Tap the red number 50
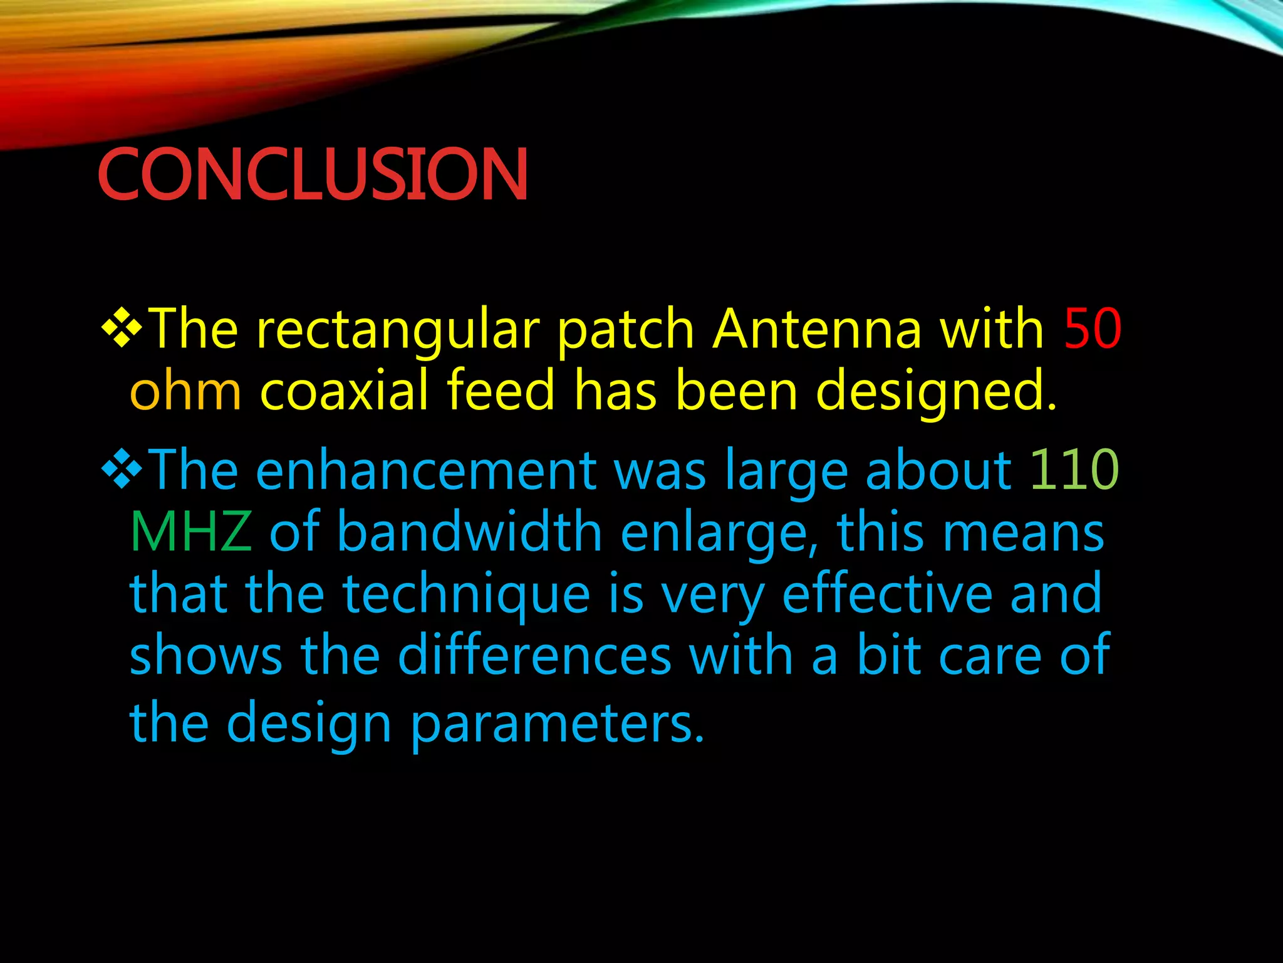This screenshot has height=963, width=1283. click(x=1092, y=329)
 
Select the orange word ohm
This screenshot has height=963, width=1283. click(x=185, y=391)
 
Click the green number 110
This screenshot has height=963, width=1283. click(x=1074, y=470)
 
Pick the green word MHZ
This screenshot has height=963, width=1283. click(x=190, y=532)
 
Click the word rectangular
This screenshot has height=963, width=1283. click(x=397, y=330)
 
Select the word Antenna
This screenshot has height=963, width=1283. click(x=817, y=329)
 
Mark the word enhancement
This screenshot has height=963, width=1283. click(x=426, y=471)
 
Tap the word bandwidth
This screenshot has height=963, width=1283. click(x=470, y=532)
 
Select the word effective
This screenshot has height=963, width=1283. click(x=886, y=594)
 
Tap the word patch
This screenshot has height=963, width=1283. click(x=625, y=330)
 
